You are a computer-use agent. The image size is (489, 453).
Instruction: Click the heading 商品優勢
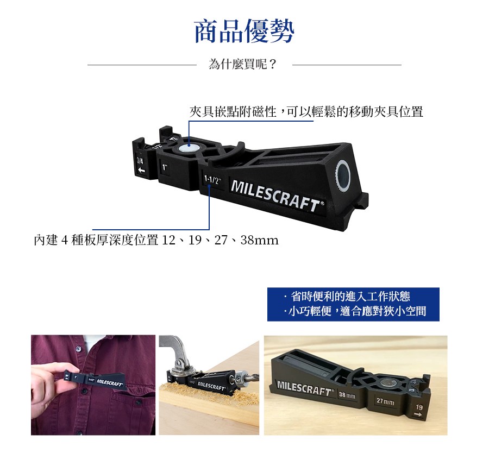point(244,31)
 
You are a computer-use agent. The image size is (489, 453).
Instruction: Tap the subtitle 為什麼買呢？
point(243,65)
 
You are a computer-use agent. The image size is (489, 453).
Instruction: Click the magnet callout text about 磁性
point(306,111)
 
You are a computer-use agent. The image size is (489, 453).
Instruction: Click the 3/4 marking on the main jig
point(140,161)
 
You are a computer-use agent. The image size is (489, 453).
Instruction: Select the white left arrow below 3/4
point(141,170)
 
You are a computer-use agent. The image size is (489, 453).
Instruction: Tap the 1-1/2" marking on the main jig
point(212,180)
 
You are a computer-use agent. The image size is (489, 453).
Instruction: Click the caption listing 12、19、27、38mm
point(156,240)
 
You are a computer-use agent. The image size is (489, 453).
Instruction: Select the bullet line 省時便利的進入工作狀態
point(347,296)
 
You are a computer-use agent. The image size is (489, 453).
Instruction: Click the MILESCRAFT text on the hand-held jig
point(109,382)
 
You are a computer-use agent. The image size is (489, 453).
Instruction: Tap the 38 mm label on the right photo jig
point(347,395)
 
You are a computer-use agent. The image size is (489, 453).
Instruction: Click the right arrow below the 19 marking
point(418,414)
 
